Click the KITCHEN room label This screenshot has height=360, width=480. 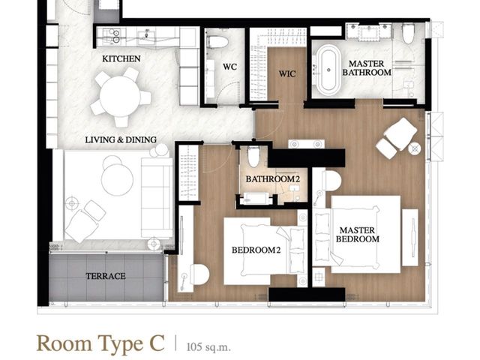click(121, 58)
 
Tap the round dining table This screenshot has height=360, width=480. click(120, 96)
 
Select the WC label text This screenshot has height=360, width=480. click(229, 67)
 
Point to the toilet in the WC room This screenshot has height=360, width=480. click(217, 42)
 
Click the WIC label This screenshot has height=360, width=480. click(287, 73)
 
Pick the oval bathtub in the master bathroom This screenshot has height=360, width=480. click(328, 70)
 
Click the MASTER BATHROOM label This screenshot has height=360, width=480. click(367, 68)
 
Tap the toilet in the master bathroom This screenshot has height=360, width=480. click(408, 33)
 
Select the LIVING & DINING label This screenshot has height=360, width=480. click(121, 140)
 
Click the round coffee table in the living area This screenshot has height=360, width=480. click(117, 179)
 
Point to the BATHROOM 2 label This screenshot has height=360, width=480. click(273, 179)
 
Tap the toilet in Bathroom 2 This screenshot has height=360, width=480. click(253, 157)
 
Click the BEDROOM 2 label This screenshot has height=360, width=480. click(256, 250)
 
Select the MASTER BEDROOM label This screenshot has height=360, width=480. click(357, 235)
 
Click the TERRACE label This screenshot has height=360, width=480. click(106, 276)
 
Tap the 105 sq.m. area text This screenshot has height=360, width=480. click(208, 346)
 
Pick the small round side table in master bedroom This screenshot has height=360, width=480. click(414, 148)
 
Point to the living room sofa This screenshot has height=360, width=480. click(157, 197)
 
